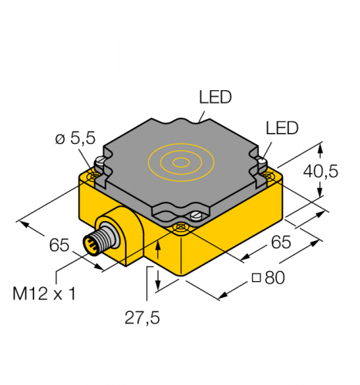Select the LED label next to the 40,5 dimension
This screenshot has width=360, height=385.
point(281,129)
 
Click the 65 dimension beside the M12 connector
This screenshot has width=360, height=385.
point(60,246)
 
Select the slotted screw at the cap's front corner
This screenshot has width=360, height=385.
point(196,216)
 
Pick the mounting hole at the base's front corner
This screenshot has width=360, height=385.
point(180,226)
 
